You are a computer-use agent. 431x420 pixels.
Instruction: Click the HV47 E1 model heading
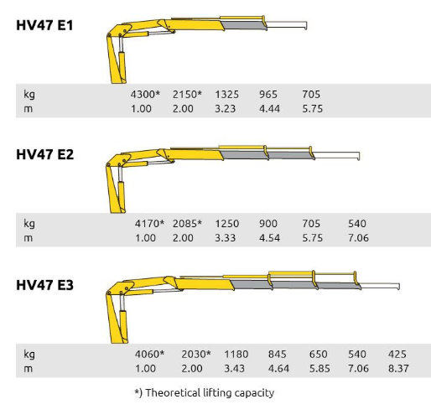point(44,25)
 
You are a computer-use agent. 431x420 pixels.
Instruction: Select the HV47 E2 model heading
point(45,154)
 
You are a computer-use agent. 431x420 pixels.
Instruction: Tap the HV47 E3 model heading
point(45,285)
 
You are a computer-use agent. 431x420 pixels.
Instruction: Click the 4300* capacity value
point(145,94)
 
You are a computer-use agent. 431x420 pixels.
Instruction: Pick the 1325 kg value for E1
point(226,95)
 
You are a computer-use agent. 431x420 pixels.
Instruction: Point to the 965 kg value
point(268,95)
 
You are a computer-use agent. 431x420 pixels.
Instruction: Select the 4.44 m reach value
point(269,108)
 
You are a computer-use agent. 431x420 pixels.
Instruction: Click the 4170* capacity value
point(149,224)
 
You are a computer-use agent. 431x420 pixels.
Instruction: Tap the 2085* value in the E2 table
point(187,224)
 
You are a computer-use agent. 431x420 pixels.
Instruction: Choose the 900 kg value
point(268,224)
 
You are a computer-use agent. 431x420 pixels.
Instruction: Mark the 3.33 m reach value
point(225,238)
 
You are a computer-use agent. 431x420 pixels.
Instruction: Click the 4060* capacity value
point(149,354)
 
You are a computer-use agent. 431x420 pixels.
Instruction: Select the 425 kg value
point(397,354)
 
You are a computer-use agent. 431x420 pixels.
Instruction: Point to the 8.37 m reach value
point(398,368)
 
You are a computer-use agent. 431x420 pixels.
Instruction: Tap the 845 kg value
point(277,354)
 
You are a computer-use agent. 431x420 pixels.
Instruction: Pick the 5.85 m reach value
point(319,368)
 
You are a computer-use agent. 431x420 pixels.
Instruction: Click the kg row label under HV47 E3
point(29,355)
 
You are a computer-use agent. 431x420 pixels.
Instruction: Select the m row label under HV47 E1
point(29,109)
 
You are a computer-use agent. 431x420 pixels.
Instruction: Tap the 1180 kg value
point(236,354)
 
